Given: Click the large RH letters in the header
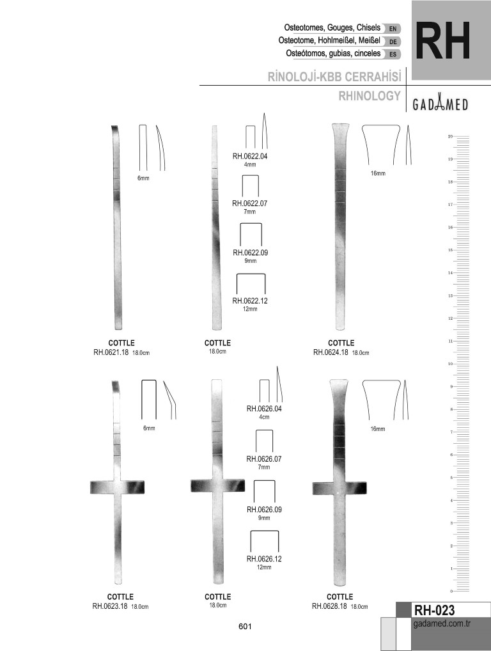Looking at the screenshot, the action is click(x=443, y=41).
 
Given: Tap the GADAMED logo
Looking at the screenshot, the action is click(x=440, y=104).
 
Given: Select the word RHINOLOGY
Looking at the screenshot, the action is click(x=370, y=96).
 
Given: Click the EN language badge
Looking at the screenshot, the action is click(x=393, y=29).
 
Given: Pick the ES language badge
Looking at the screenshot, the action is click(x=393, y=54).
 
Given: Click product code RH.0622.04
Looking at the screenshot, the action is click(x=250, y=157).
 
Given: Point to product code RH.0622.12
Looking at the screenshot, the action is click(x=250, y=301).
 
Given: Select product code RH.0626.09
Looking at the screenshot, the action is click(x=264, y=510).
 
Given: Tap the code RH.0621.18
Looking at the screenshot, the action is click(x=111, y=352).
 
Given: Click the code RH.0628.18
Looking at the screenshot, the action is click(x=329, y=606).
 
